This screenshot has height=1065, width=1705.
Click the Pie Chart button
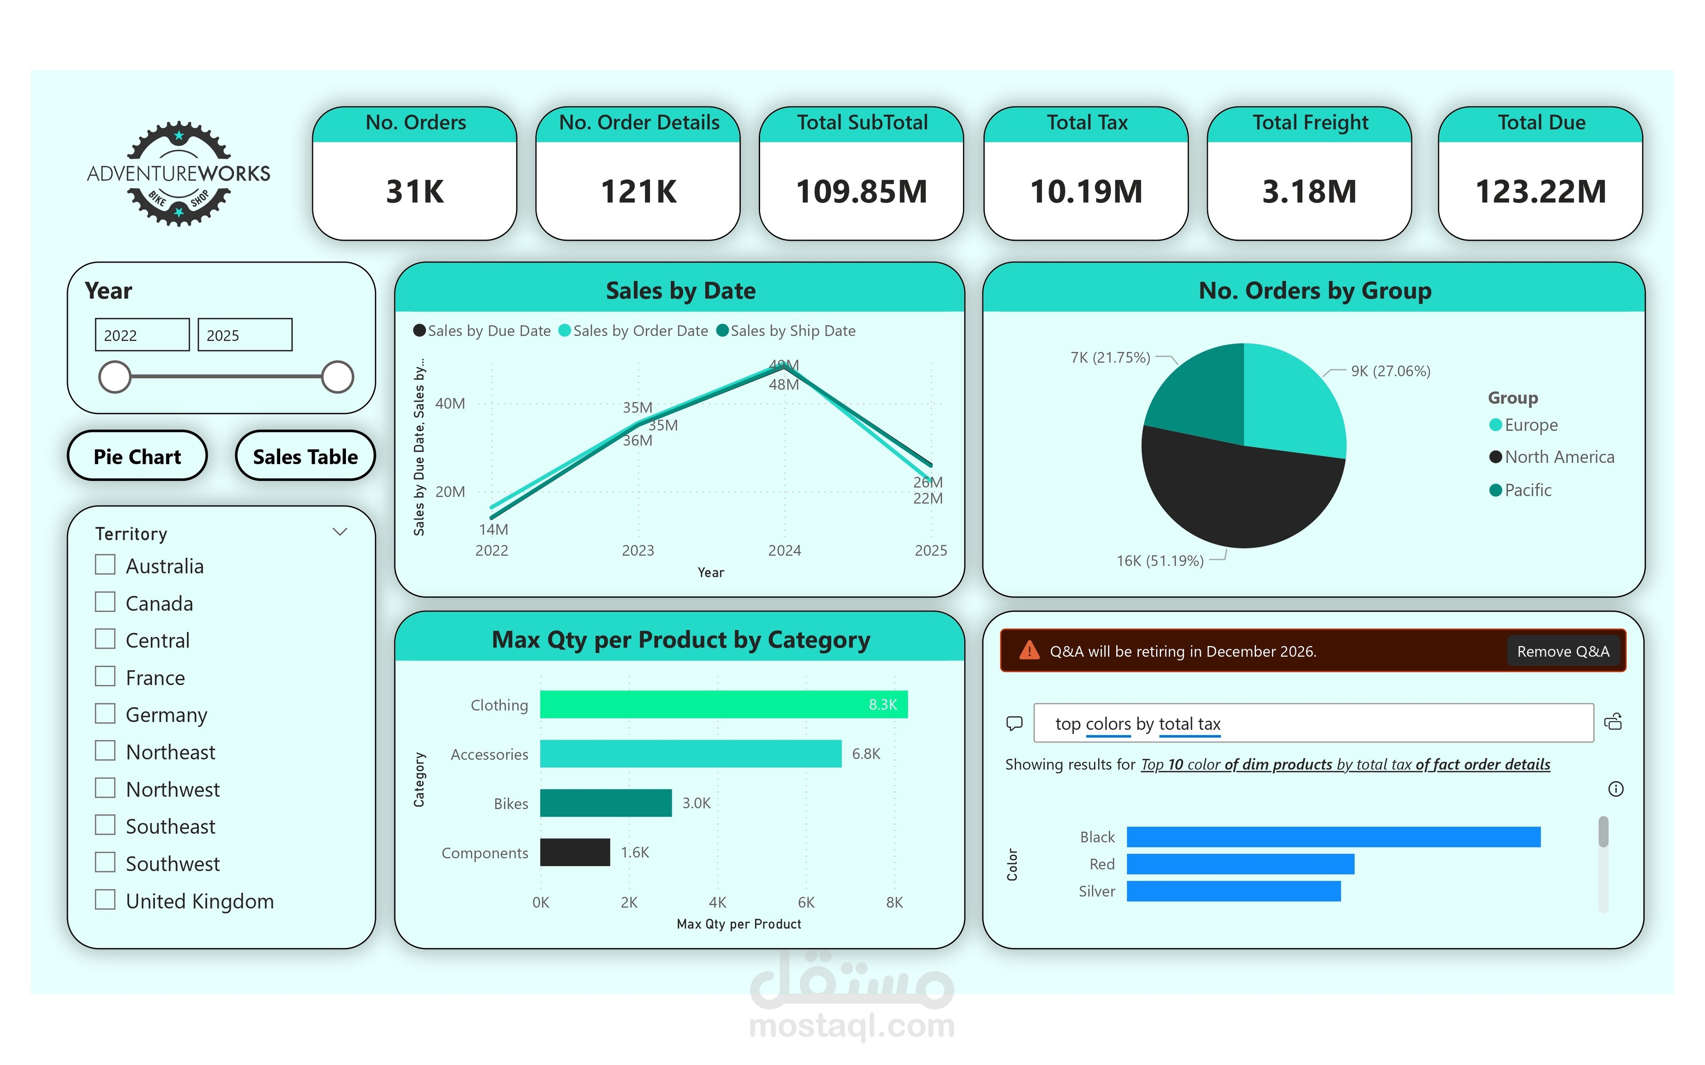point(137,457)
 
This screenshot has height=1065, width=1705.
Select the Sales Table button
point(305,457)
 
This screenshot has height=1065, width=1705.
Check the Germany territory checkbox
point(105,714)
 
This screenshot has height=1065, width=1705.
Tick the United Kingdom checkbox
point(105,899)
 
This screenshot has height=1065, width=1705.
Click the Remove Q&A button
point(1562,651)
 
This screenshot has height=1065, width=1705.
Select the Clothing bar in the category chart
point(724,704)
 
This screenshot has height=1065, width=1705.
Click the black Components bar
point(575,852)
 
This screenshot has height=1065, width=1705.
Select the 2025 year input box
point(245,335)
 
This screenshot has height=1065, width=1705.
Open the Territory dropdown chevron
point(340,532)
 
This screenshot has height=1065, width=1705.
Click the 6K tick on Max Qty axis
point(806,902)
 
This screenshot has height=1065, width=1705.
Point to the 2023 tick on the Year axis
point(638,550)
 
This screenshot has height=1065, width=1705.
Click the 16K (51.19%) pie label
point(1160,560)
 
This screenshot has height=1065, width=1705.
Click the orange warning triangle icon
point(1029,650)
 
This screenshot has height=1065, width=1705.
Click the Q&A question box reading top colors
point(1313,723)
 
